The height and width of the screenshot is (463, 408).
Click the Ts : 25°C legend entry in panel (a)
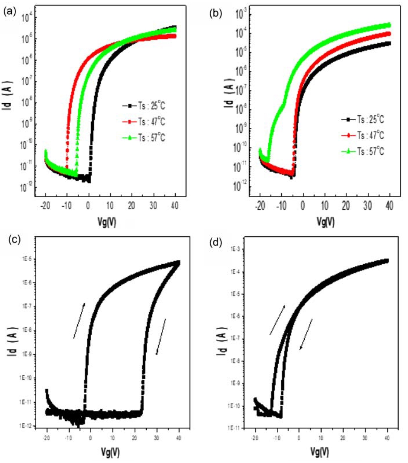[144, 106]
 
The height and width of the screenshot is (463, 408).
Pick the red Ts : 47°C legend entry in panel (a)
[144, 122]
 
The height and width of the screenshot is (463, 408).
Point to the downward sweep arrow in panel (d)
[306, 334]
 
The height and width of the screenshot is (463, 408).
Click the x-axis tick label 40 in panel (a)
[175, 206]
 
